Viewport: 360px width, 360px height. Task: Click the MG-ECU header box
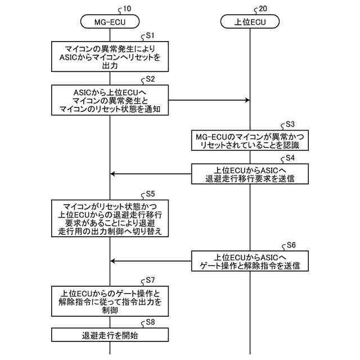coord(110,22)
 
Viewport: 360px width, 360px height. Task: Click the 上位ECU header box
coord(249,22)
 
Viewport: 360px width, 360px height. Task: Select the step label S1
coord(150,35)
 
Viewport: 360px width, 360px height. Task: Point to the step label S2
coord(150,79)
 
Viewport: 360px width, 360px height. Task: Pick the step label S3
coord(290,124)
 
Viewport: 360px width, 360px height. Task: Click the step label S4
coord(290,159)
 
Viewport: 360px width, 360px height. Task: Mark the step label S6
coord(290,245)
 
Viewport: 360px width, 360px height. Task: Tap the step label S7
coord(150,280)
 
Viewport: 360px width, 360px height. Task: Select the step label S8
coord(150,322)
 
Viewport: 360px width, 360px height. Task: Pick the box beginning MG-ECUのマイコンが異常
coord(249,141)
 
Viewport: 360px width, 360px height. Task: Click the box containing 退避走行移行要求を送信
coord(249,174)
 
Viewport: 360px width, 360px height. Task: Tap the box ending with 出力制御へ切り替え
coord(110,218)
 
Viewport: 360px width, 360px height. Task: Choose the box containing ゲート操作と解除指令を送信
coord(249,261)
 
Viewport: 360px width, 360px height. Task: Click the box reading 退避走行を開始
coord(110,336)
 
